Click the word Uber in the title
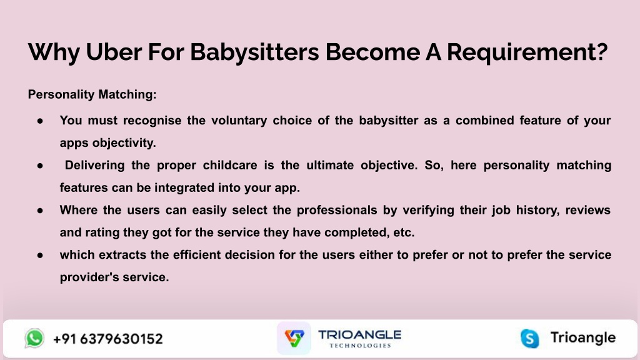click(x=114, y=52)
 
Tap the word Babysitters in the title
click(x=254, y=52)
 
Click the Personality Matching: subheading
click(x=92, y=95)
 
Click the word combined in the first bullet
click(x=484, y=121)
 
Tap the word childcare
click(x=230, y=165)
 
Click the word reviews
click(x=587, y=210)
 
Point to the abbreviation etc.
click(x=404, y=232)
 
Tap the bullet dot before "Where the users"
click(x=40, y=211)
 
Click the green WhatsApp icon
click(x=34, y=338)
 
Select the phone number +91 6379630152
click(x=107, y=339)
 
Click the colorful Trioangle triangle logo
click(x=294, y=338)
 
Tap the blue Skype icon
click(x=530, y=339)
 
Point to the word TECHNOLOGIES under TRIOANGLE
click(x=360, y=346)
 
